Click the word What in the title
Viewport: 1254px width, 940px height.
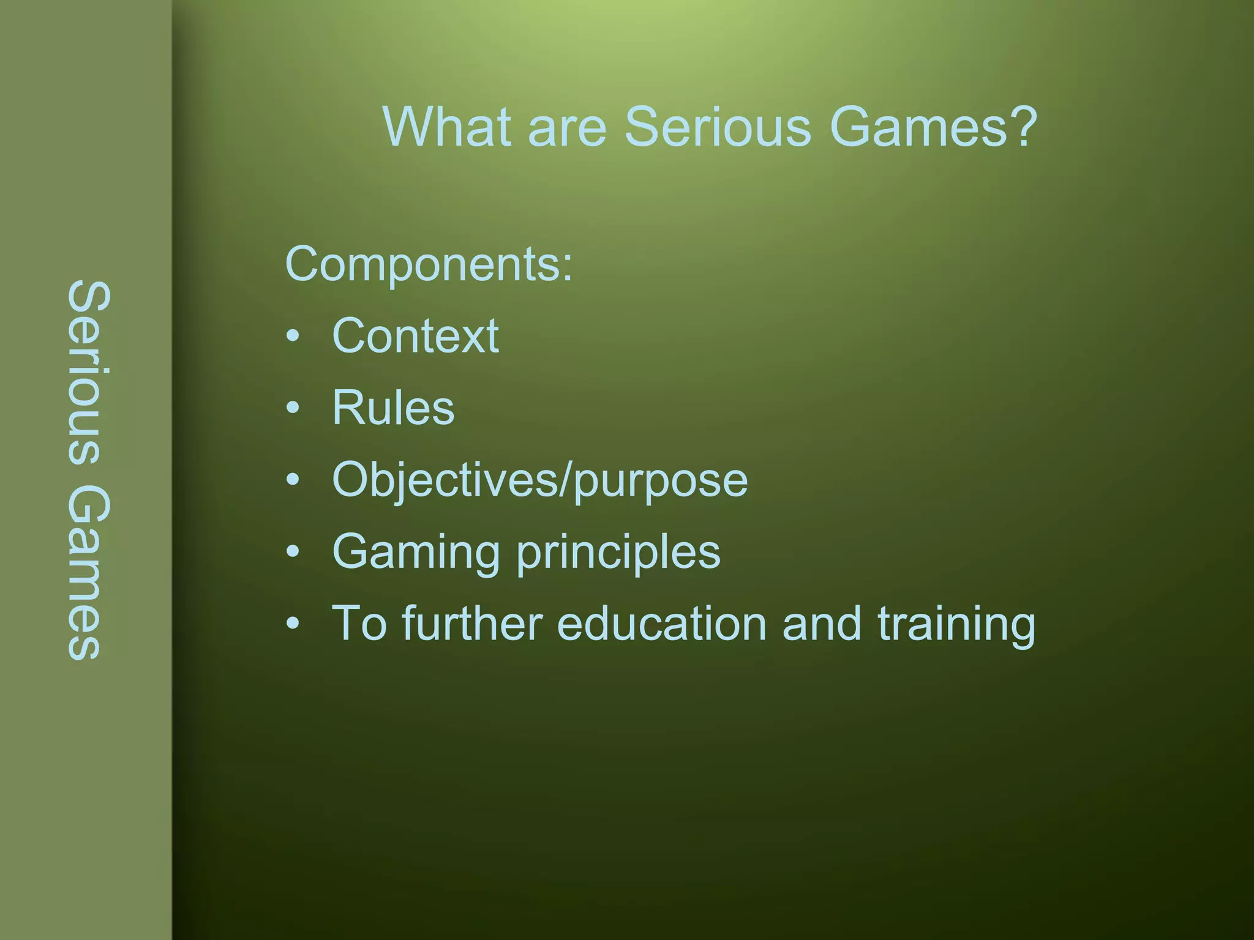[446, 127]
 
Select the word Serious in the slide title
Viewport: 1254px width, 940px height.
[717, 127]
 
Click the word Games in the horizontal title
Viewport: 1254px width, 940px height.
[918, 127]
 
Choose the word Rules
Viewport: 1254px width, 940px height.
[393, 408]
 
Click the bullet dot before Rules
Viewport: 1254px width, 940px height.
[293, 408]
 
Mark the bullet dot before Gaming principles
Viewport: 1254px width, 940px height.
[293, 551]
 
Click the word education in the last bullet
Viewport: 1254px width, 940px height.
[661, 624]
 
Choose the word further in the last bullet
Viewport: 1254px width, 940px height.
[472, 624]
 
